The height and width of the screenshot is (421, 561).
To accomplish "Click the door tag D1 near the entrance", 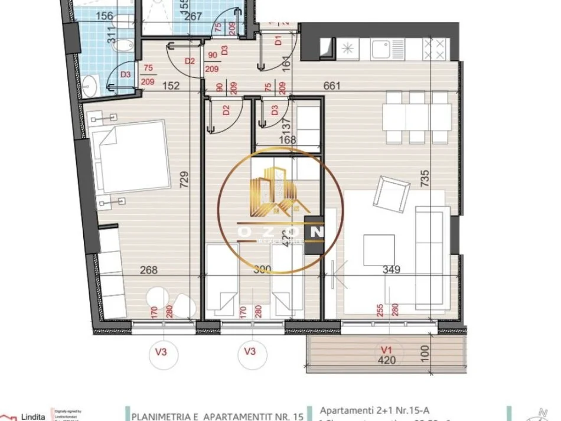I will pos(278,41).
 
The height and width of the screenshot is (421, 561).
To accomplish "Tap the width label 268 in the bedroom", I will pos(148,270).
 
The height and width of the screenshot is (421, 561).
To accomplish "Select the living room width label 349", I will pos(392,270).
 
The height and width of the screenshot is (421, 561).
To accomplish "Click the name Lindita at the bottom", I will pos(34,416).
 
